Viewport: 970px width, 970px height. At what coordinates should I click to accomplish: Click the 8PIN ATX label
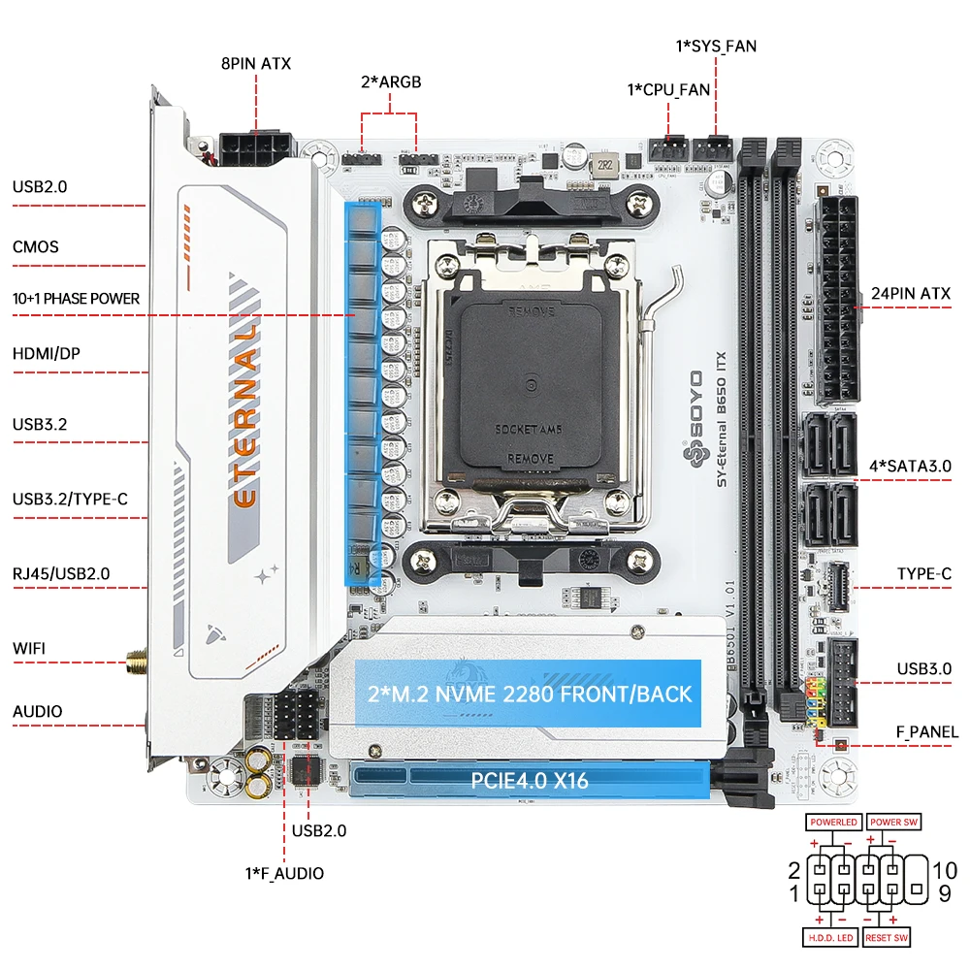pos(255,64)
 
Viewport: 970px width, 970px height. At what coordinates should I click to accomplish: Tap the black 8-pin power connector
pos(255,150)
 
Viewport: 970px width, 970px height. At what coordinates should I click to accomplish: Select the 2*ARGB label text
pos(391,81)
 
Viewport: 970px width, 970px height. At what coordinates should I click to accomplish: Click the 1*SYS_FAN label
pos(716,45)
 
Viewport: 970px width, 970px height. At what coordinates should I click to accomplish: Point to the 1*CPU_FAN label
pos(668,89)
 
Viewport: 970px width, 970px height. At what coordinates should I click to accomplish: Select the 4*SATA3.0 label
pos(911,466)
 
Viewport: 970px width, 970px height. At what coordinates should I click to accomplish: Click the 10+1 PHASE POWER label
pos(77,299)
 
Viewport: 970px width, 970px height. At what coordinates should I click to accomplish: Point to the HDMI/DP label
pos(47,354)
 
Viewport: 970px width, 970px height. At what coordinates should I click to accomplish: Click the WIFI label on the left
pos(29,648)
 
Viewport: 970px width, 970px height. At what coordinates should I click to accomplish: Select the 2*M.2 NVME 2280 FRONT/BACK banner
pos(530,693)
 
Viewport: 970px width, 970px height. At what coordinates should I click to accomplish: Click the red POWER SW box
pos(893,822)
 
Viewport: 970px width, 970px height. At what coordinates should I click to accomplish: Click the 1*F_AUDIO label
pos(284,873)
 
